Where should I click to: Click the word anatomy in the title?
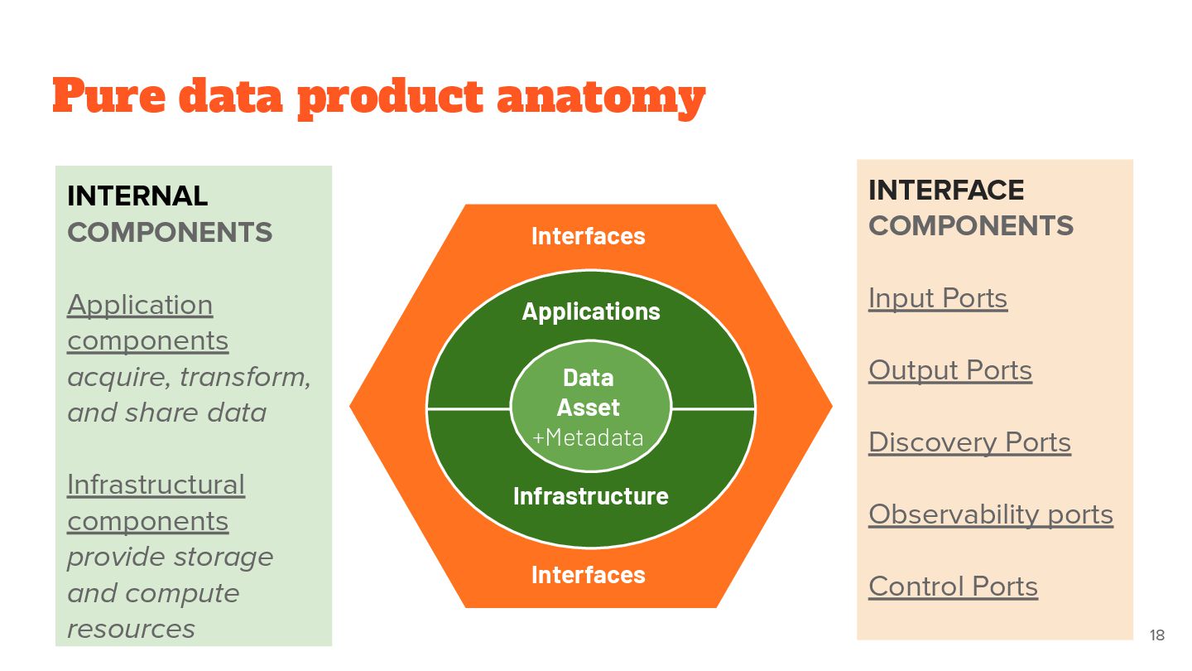600,98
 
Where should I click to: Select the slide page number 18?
1156,635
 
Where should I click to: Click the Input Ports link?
938,298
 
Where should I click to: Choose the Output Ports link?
950,370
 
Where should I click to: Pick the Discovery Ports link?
969,442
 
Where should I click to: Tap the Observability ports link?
991,514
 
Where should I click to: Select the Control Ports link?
953,587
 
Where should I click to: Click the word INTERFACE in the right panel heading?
946,191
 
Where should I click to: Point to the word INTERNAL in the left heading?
137,196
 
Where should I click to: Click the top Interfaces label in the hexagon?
588,236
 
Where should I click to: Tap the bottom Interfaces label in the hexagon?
588,575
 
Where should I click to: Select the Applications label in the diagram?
591,311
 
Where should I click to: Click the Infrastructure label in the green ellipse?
590,496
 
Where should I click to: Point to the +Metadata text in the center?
588,437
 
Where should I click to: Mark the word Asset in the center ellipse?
588,408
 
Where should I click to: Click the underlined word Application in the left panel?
140,305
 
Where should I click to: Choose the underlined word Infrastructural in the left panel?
156,485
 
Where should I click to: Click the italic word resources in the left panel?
131,629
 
